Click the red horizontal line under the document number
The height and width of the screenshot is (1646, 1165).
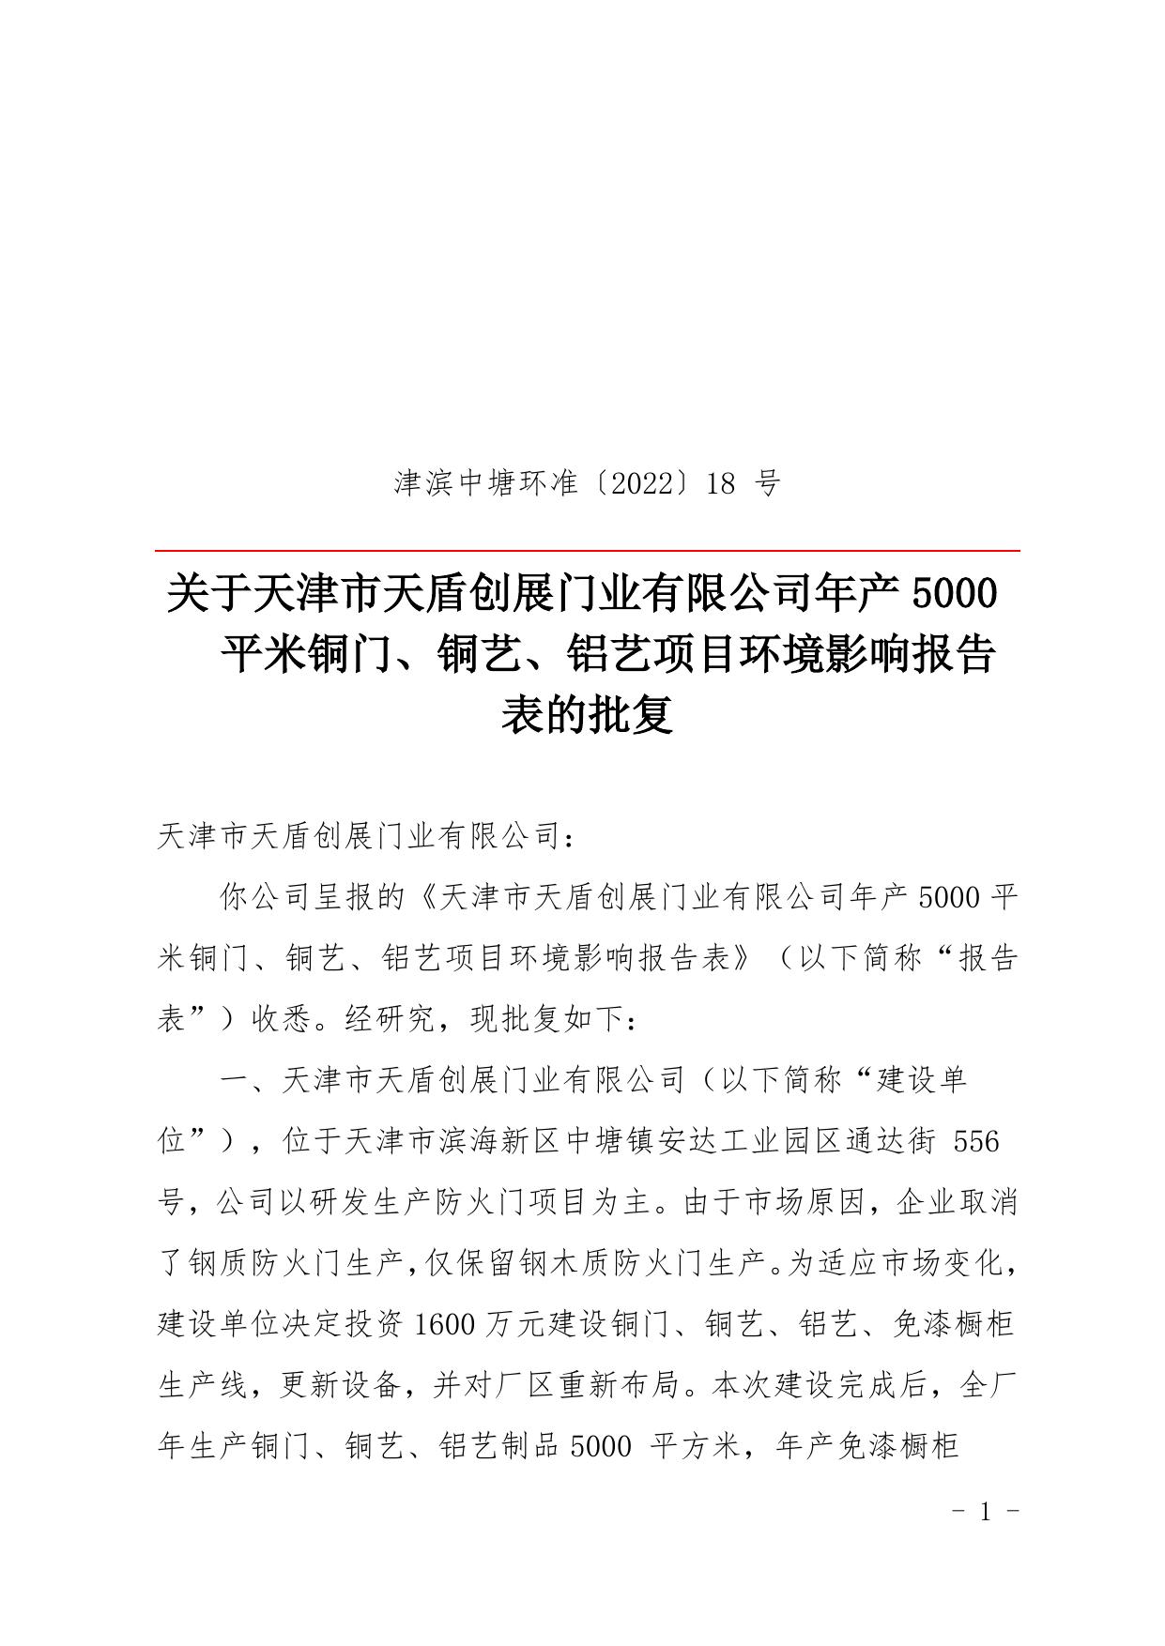click(x=588, y=551)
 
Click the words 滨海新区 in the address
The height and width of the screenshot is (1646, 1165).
click(x=502, y=1141)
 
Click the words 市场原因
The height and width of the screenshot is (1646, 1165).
click(x=804, y=1202)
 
